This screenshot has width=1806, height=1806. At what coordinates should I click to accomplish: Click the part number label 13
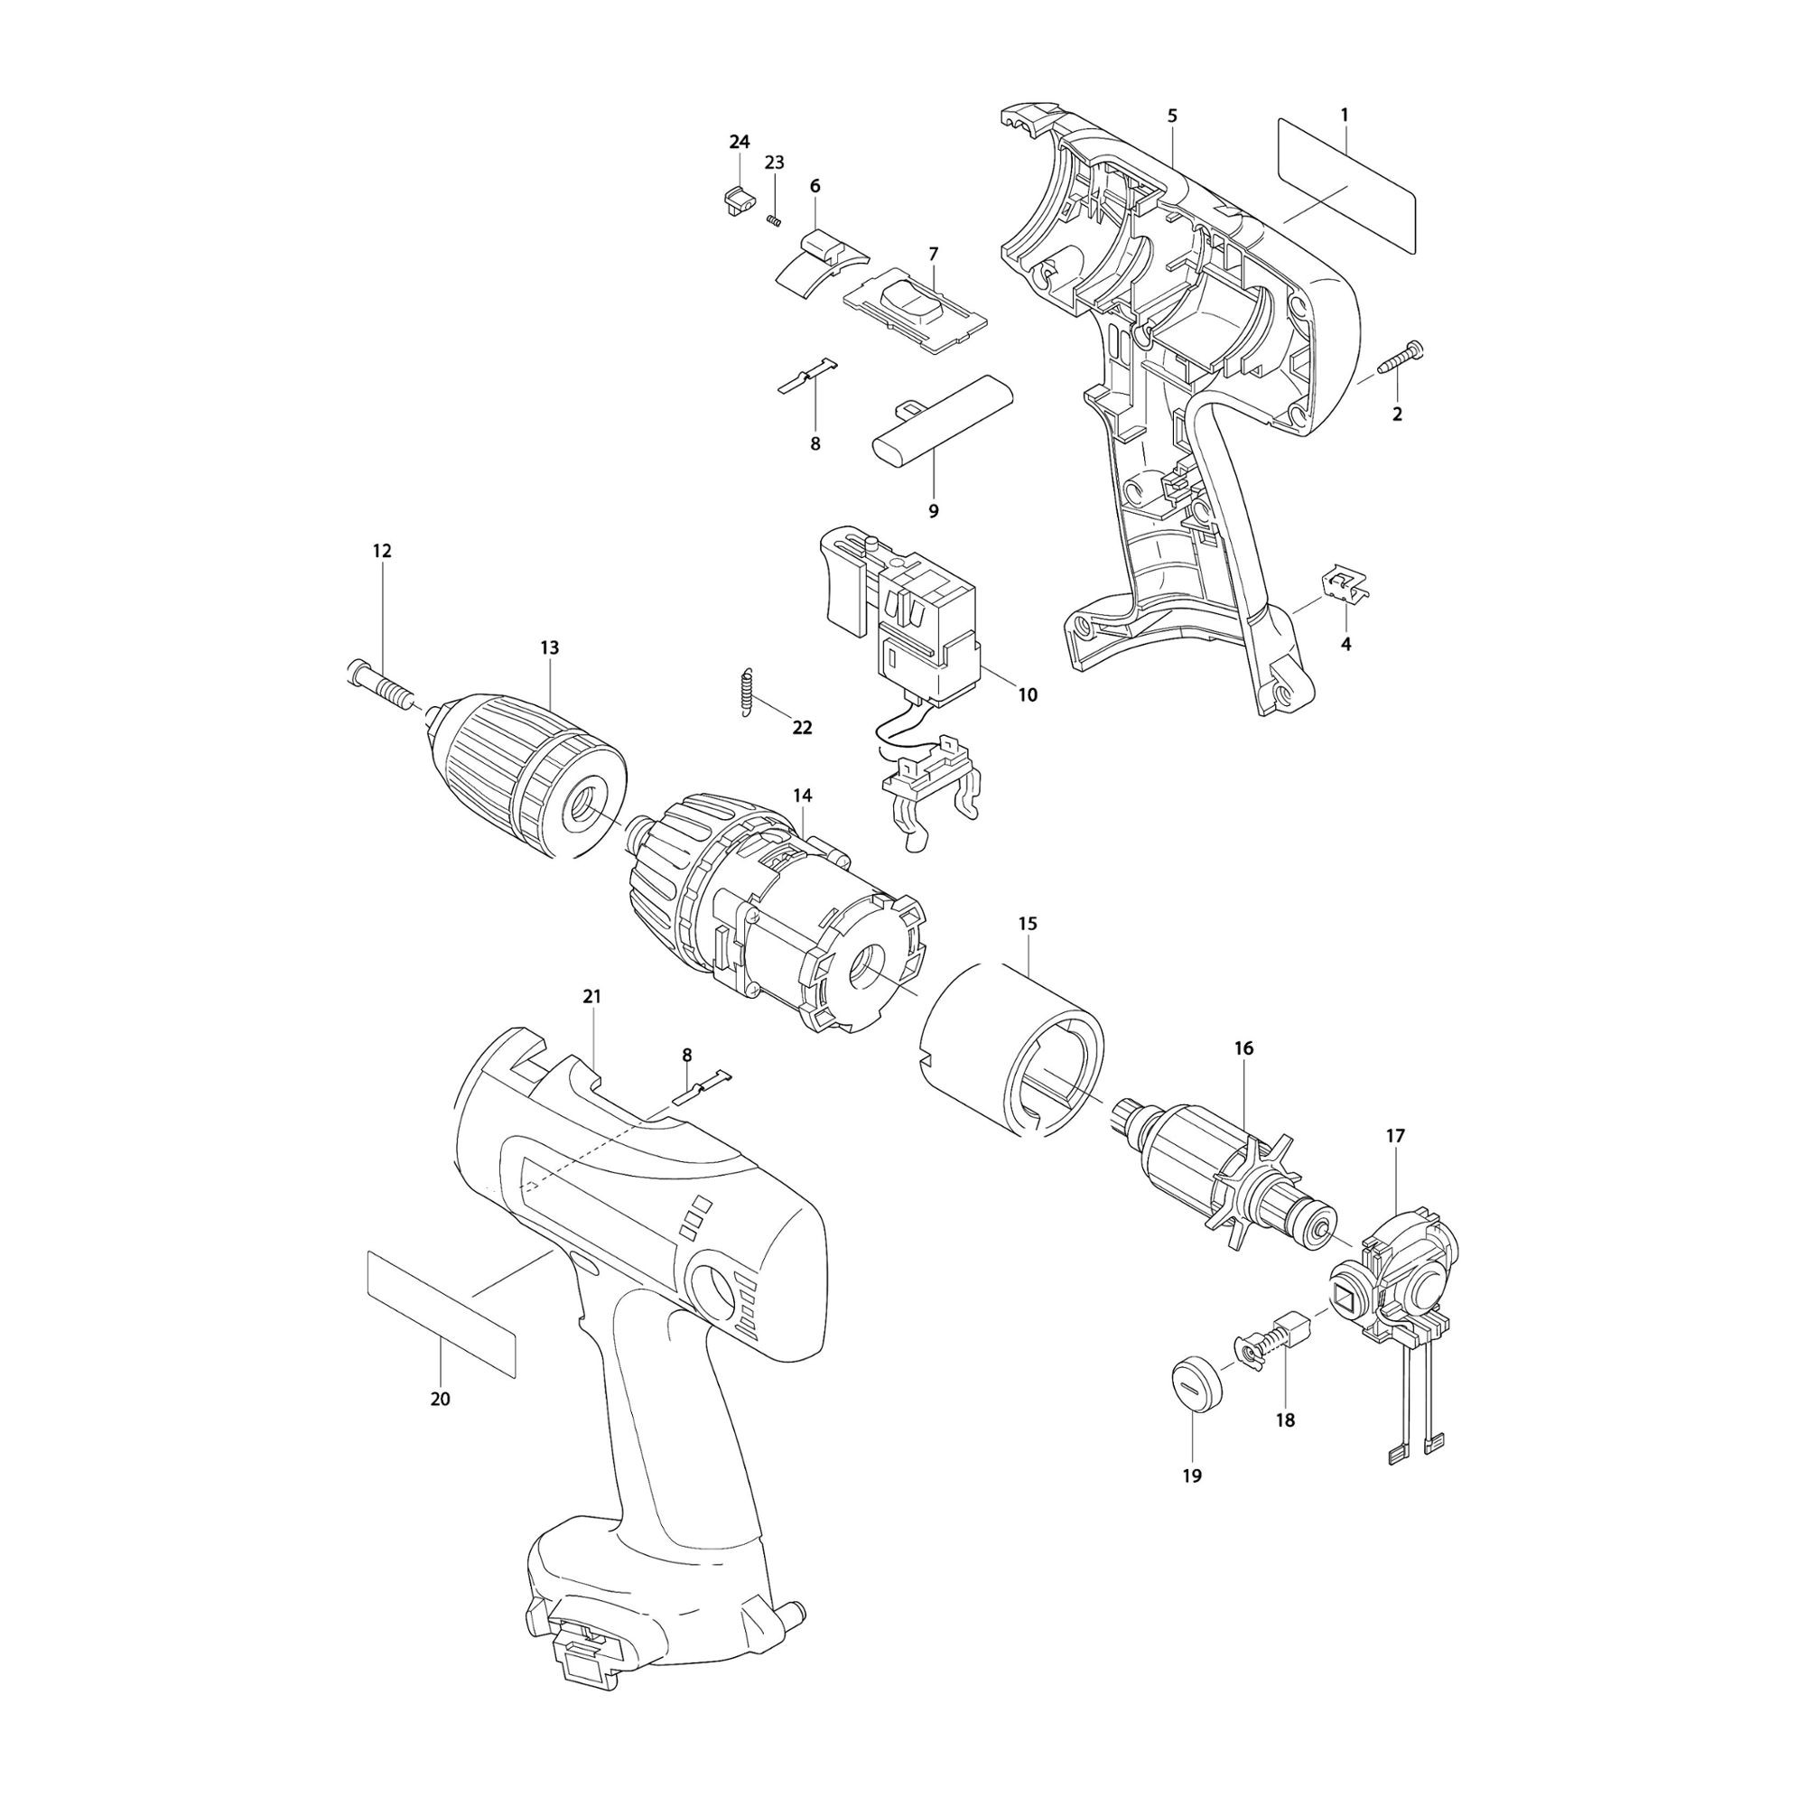point(549,647)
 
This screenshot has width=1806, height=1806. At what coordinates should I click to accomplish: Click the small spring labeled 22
point(745,693)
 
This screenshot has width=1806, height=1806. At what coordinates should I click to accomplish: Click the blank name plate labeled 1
point(1346,184)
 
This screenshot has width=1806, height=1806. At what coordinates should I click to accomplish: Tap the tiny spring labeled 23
point(773,219)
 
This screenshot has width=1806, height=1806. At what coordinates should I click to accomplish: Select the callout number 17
point(1395,1136)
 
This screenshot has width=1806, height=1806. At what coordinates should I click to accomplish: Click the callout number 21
point(591,997)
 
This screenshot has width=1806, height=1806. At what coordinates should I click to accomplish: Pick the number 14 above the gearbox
point(802,796)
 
